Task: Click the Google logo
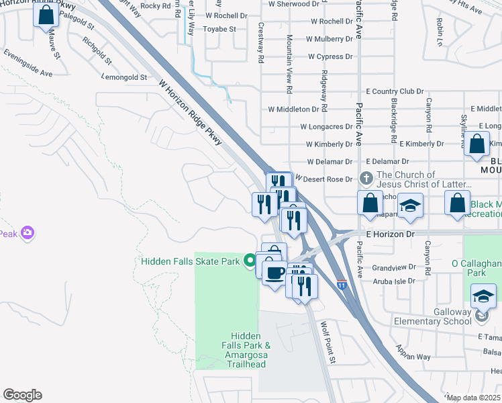pos(22,395)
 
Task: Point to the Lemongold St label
pos(125,77)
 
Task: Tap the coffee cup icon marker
pos(274,273)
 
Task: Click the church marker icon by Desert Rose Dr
pos(366,179)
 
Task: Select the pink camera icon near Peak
pos(28,233)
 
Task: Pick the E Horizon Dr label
pos(395,233)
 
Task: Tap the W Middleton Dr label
pos(293,109)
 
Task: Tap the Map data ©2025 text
pos(474,398)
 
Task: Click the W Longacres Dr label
pos(326,126)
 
